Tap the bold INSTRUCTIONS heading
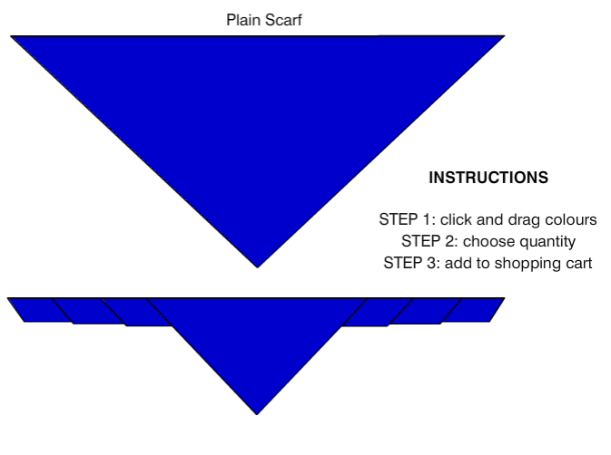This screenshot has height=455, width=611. coord(488,179)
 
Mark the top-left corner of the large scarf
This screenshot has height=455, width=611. coord(13,37)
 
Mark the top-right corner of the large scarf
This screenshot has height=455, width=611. coord(503,37)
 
